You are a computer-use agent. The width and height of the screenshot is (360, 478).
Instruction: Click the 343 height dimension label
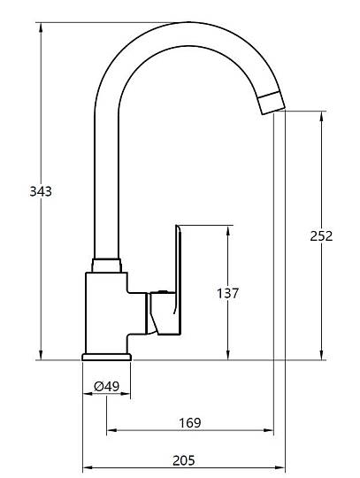(41, 191)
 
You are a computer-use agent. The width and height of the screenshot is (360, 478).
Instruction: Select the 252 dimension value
(321, 236)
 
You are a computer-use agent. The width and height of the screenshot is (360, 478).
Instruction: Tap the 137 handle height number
(227, 293)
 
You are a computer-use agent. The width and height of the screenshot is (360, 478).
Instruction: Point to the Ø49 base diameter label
(106, 387)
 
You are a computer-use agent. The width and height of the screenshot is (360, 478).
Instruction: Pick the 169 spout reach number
(190, 423)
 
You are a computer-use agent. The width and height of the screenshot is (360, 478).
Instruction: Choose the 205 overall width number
(184, 460)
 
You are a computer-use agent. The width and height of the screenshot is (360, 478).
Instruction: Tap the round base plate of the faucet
(106, 357)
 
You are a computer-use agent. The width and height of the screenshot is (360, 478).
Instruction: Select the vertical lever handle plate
(178, 280)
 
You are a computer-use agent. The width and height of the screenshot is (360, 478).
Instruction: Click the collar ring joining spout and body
(107, 266)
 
